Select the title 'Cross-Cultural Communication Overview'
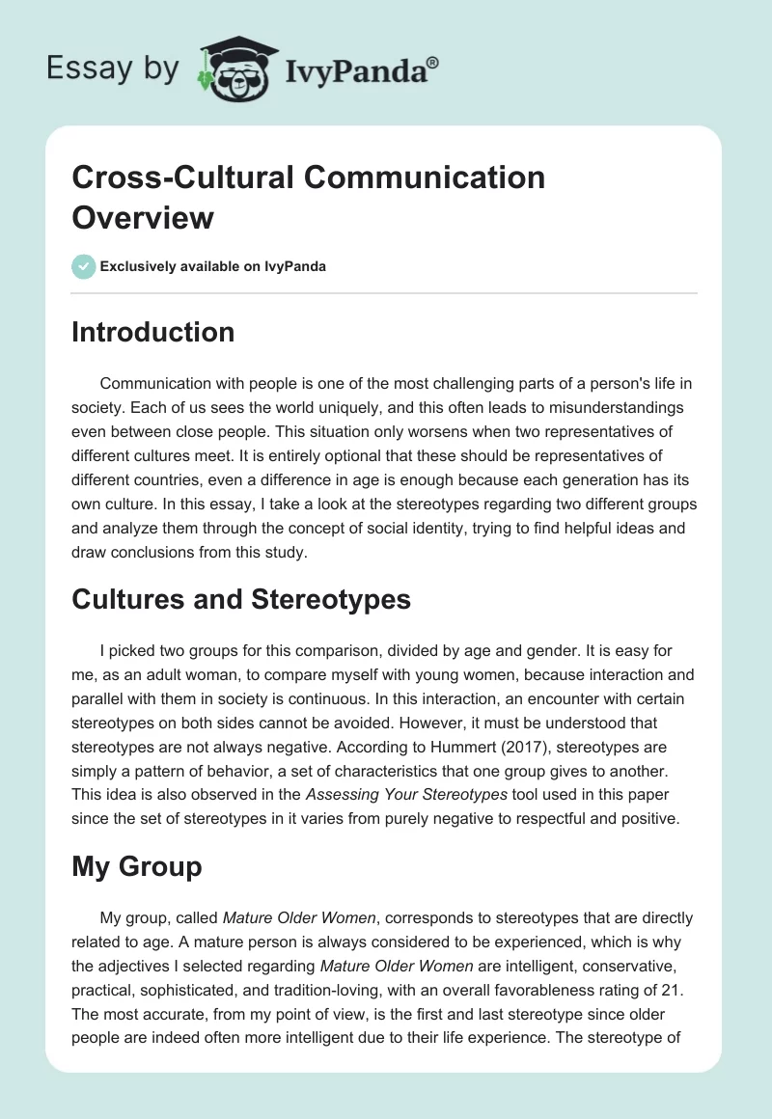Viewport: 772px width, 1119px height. (x=309, y=197)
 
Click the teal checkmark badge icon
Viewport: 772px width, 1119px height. (x=84, y=266)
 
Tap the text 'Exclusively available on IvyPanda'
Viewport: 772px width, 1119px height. (x=213, y=266)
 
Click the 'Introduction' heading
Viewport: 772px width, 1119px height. (x=153, y=332)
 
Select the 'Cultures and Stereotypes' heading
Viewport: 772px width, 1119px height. (x=241, y=599)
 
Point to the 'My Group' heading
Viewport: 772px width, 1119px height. (x=137, y=866)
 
